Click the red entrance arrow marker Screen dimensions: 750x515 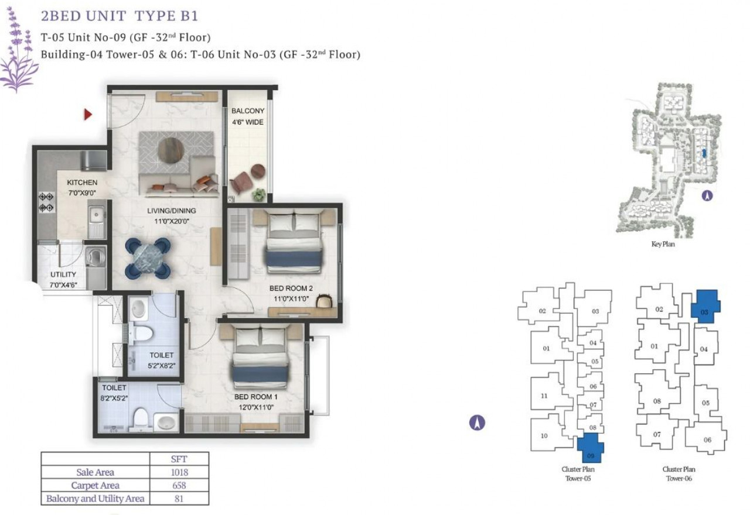pyautogui.click(x=88, y=115)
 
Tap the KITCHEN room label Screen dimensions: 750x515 pyautogui.click(x=82, y=182)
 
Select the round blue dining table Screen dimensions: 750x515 pyautogui.click(x=148, y=258)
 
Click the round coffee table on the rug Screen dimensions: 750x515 pyautogui.click(x=171, y=150)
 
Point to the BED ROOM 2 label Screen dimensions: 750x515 pyautogui.click(x=291, y=289)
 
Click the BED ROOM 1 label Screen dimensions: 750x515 pyautogui.click(x=256, y=397)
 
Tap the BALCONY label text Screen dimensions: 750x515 pyautogui.click(x=248, y=111)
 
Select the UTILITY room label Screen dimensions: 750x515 pyautogui.click(x=63, y=274)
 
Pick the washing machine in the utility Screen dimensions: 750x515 pyautogui.click(x=96, y=256)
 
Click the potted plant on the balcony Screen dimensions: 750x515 pyautogui.click(x=258, y=195)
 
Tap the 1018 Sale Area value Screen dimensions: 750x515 pyautogui.click(x=179, y=472)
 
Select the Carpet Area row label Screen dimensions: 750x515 pyautogui.click(x=96, y=485)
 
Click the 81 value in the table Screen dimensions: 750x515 pyautogui.click(x=179, y=499)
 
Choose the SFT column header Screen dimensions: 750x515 pyautogui.click(x=179, y=459)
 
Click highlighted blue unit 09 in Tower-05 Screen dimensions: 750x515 pyautogui.click(x=590, y=448)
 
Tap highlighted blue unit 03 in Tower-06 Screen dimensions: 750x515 pyautogui.click(x=705, y=306)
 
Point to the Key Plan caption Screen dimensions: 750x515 pyautogui.click(x=663, y=244)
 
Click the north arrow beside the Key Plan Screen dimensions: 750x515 pyautogui.click(x=707, y=196)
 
